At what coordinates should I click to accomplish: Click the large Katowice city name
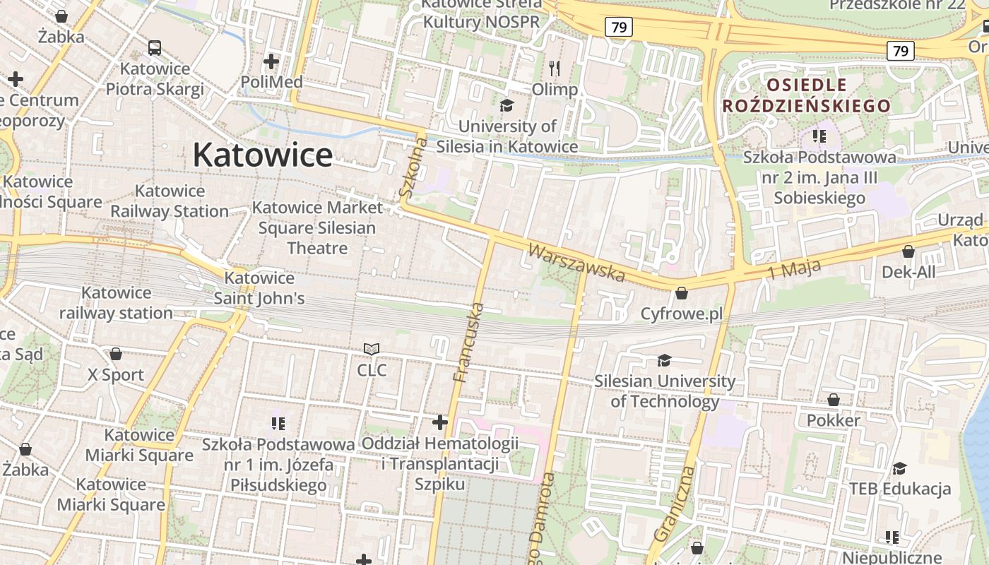tap(262, 155)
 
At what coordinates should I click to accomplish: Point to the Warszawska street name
tap(576, 263)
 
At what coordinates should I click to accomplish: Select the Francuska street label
tap(469, 343)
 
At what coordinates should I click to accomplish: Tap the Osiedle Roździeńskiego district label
tap(806, 96)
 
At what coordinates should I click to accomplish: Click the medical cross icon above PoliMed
tap(271, 61)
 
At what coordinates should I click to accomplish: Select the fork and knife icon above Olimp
tap(555, 69)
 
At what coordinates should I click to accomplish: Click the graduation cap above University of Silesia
tap(507, 106)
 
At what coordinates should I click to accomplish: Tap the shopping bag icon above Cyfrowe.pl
tap(682, 292)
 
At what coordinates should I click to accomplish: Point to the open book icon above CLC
tap(372, 349)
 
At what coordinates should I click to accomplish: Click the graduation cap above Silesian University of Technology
tap(664, 361)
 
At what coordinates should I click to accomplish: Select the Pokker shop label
tap(834, 420)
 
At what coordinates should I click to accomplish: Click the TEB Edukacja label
tap(899, 489)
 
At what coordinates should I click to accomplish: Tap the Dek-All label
tap(908, 272)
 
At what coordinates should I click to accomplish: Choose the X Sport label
tap(116, 374)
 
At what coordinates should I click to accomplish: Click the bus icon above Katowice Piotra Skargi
tap(155, 48)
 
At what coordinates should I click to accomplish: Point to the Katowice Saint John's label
tap(259, 288)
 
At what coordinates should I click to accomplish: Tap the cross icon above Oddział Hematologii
tap(440, 422)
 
